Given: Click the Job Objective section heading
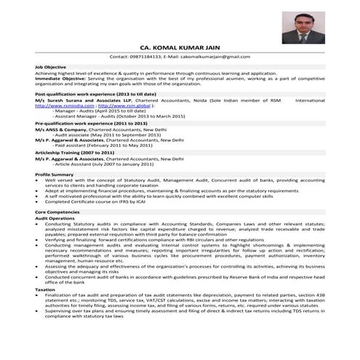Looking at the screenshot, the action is coord(51,67).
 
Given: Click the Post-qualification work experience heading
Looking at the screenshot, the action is coord(95,95).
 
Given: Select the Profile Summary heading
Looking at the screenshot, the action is coord(55,175).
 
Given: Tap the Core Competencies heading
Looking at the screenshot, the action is coord(58,211).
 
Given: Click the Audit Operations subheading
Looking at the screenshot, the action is coord(55,217).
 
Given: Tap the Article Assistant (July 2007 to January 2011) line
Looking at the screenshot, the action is coord(111,164).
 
